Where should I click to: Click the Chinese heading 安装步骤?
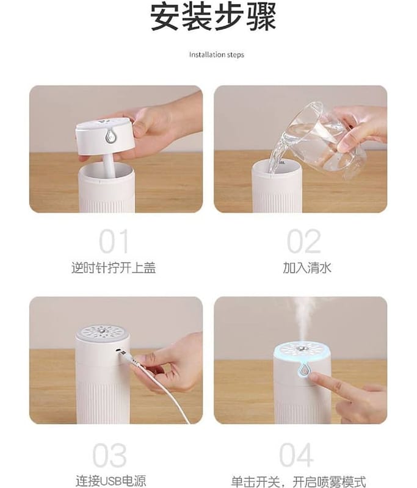pyautogui.click(x=214, y=17)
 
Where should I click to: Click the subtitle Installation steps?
pyautogui.click(x=217, y=55)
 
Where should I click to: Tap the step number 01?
pyautogui.click(x=114, y=241)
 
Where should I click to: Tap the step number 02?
pyautogui.click(x=303, y=241)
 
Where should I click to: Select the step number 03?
pyautogui.click(x=110, y=455)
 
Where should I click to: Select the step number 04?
pyautogui.click(x=296, y=455)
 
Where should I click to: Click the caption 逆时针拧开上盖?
pyautogui.click(x=114, y=268)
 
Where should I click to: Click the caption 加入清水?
pyautogui.click(x=306, y=268)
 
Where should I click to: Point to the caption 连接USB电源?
pyautogui.click(x=111, y=481)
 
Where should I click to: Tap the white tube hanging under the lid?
pyautogui.click(x=109, y=165)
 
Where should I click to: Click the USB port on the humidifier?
pyautogui.click(x=118, y=351)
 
